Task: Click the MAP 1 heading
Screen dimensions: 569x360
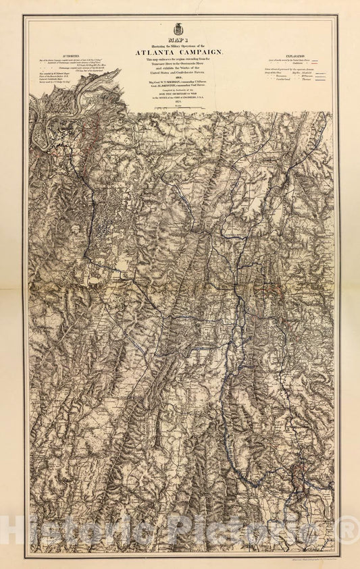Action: tap(180, 40)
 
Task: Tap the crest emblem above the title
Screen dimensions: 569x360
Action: tap(180, 28)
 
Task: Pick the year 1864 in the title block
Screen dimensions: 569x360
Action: tap(180, 78)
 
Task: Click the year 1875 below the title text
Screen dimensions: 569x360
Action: tap(180, 105)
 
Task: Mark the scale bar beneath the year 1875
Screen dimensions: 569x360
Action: tap(180, 109)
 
